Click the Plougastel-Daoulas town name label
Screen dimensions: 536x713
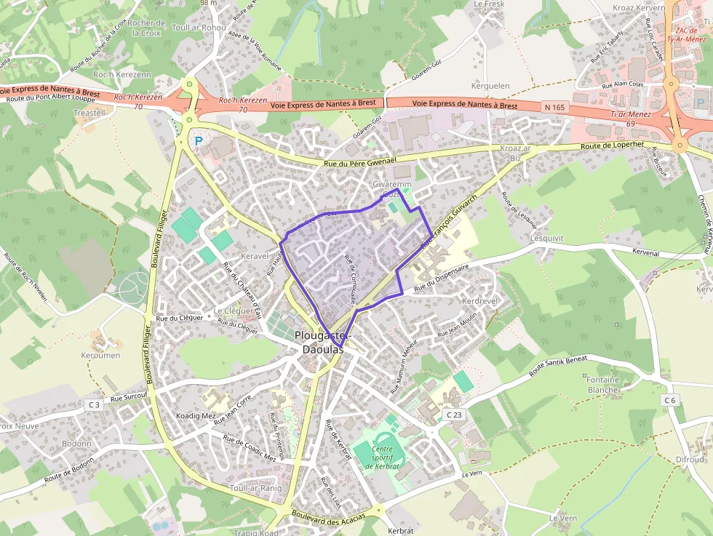(323, 342)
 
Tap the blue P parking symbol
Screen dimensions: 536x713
(198, 141)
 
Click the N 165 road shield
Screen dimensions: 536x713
(554, 107)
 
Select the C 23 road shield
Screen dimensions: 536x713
(454, 415)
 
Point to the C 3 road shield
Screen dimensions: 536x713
(94, 404)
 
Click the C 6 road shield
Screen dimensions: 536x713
(669, 400)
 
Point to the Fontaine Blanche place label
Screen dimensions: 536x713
(602, 385)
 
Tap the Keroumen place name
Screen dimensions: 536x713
(100, 356)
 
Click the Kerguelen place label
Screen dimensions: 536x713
(490, 86)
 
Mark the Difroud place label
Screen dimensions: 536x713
(690, 460)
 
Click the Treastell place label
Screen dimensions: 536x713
(89, 113)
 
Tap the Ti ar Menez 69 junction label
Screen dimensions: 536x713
(628, 119)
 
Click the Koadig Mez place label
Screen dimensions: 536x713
(196, 416)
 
